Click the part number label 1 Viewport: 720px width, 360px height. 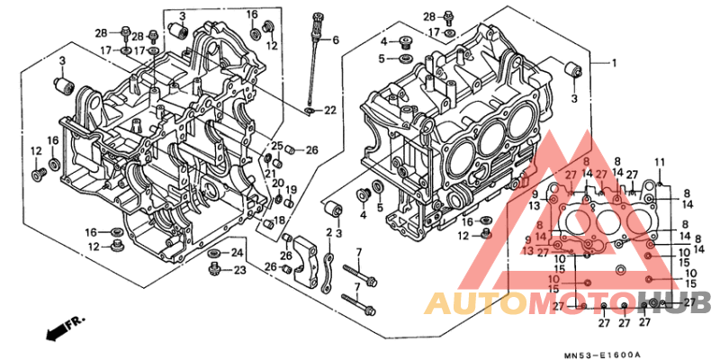coord(615,64)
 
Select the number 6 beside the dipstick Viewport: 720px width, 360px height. coord(336,40)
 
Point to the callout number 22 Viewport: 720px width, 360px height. coord(329,110)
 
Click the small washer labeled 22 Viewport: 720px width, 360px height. coord(310,111)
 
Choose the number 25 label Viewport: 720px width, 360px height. coord(278,146)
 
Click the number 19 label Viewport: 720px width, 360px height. coord(292,189)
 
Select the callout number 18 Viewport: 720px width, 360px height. coord(279,220)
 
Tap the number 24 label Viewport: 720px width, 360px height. coord(238,252)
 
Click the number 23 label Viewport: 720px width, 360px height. coord(239,269)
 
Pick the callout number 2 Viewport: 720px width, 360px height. coord(328,232)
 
